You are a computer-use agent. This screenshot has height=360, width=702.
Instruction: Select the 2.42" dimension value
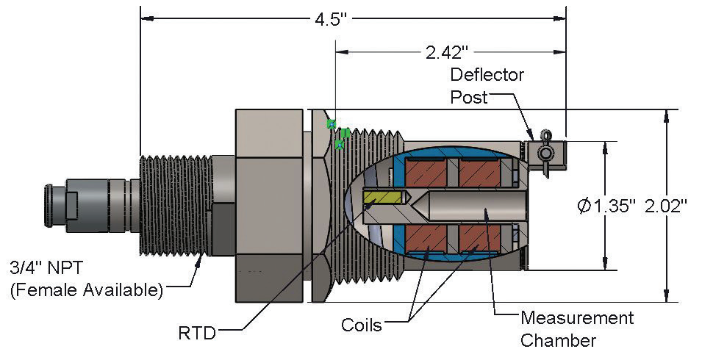(446, 52)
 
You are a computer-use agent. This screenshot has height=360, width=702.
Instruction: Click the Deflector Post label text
(487, 86)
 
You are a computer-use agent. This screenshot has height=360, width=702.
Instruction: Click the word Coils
(362, 324)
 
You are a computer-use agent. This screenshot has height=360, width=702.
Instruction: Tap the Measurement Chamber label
(576, 329)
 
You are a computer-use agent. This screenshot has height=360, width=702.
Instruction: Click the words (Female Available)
(87, 289)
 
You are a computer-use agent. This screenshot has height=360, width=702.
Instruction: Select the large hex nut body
(268, 206)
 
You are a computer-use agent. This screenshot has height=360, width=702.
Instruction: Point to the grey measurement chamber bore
(478, 206)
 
